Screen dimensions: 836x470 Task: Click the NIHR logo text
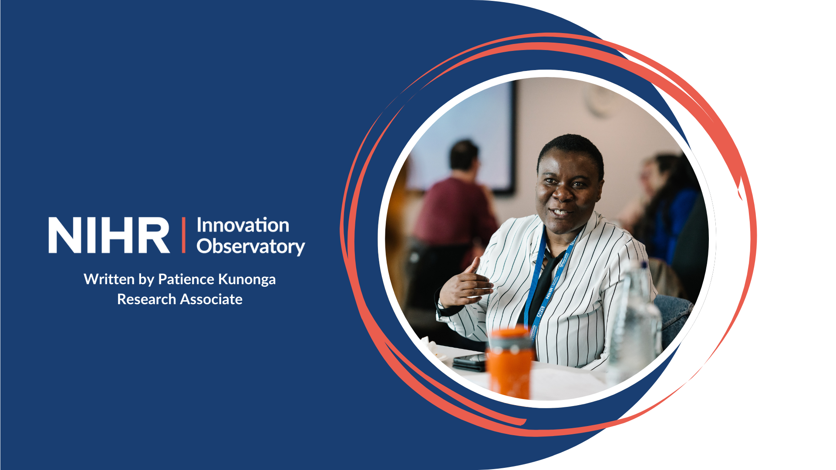109,235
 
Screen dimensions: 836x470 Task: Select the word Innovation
243,225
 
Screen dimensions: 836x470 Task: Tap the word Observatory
251,246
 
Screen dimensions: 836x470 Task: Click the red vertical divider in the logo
184,235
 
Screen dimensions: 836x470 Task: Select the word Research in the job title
147,299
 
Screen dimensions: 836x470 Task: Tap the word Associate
211,299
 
